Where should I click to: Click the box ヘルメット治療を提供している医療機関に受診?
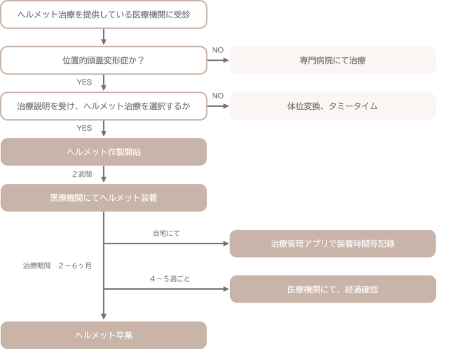(x=104, y=14)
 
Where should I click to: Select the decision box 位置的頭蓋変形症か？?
(x=104, y=60)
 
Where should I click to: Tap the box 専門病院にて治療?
(x=332, y=60)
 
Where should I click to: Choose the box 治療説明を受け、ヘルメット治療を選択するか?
(x=104, y=106)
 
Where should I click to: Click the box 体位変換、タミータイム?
(x=332, y=106)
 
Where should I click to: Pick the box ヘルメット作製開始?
(x=104, y=152)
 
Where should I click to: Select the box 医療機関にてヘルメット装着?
(x=104, y=198)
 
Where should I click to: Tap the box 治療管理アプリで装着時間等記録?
(x=332, y=244)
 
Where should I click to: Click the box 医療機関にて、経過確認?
(x=332, y=289)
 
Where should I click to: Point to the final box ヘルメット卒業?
(x=104, y=335)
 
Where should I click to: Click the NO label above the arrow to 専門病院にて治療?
(x=218, y=50)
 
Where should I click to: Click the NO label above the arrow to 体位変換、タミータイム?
(x=218, y=96)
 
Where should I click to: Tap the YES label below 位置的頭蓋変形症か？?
(x=84, y=82)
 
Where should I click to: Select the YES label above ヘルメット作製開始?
(x=84, y=128)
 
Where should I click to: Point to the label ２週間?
(x=82, y=174)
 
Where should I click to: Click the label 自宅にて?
(x=166, y=233)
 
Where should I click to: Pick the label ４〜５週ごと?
(x=170, y=279)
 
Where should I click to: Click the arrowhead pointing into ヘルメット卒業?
(x=104, y=316)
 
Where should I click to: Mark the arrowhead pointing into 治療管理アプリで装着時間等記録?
(x=226, y=244)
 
